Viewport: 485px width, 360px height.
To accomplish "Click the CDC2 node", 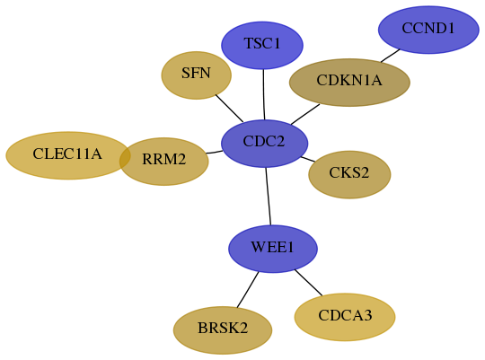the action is pyautogui.click(x=264, y=144).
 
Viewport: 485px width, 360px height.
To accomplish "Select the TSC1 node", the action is pyautogui.click(x=262, y=45).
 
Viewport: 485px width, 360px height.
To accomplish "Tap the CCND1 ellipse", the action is pyautogui.click(x=428, y=30).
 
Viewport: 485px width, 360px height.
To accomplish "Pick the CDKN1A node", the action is pyautogui.click(x=349, y=83).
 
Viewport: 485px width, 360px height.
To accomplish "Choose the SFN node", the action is pyautogui.click(x=196, y=75).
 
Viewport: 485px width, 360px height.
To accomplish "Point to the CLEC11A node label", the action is pyautogui.click(x=67, y=154).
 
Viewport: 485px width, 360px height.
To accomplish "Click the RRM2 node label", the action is pyautogui.click(x=164, y=159).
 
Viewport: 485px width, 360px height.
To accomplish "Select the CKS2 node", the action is pyautogui.click(x=349, y=175).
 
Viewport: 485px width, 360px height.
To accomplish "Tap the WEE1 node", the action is pyautogui.click(x=273, y=249).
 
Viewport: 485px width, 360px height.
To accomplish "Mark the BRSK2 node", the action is pyautogui.click(x=223, y=330).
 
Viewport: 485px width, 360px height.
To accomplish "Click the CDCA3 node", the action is pyautogui.click(x=345, y=317).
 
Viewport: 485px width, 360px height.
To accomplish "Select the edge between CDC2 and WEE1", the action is pyautogui.click(x=269, y=197).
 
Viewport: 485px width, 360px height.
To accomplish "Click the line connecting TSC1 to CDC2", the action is pyautogui.click(x=264, y=94).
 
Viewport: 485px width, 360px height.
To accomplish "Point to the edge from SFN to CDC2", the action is pyautogui.click(x=229, y=109).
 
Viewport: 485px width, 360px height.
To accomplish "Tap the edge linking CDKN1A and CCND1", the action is pyautogui.click(x=391, y=56).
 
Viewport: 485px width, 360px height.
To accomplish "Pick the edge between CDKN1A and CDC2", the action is pyautogui.click(x=305, y=114).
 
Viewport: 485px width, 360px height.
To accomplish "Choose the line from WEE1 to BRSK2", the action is pyautogui.click(x=248, y=290).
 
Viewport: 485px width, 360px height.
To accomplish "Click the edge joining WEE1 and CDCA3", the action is pyautogui.click(x=308, y=283).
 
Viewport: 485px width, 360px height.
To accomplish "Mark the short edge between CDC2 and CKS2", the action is pyautogui.click(x=308, y=159).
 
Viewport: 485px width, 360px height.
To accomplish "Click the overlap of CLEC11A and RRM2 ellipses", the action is pyautogui.click(x=124, y=158).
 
